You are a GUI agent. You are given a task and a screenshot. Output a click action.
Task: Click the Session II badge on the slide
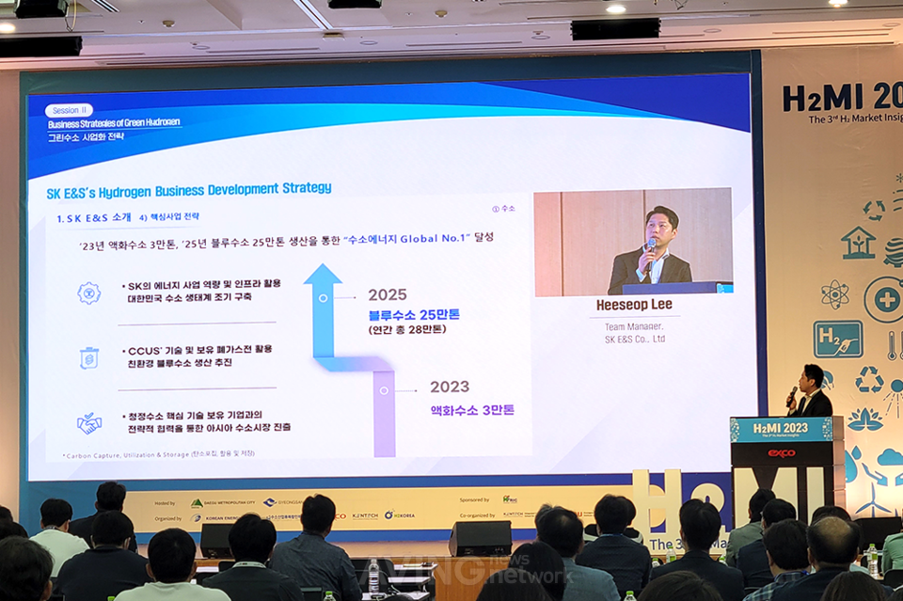[70, 110]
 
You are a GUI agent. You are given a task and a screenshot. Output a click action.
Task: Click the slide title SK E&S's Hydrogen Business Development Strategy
[189, 189]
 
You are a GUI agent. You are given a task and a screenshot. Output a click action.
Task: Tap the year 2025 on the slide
[388, 294]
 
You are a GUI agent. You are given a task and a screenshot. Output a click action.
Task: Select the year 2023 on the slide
[450, 387]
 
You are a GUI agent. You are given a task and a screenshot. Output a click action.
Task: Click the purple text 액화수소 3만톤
[472, 410]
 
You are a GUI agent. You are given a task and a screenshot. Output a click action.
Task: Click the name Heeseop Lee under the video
[634, 306]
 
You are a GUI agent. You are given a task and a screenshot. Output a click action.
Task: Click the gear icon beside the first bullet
[88, 293]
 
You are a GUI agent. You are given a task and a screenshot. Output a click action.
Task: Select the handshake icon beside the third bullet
[88, 423]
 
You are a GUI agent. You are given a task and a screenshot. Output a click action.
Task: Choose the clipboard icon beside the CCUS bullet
[88, 357]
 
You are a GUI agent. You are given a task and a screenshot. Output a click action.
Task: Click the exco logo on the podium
[781, 453]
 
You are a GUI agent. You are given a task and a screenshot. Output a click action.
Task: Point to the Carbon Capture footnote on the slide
[159, 453]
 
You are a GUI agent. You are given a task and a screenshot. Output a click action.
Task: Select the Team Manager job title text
[634, 326]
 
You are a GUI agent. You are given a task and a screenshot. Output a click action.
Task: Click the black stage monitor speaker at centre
[479, 538]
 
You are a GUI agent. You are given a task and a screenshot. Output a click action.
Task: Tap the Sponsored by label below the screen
[474, 499]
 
